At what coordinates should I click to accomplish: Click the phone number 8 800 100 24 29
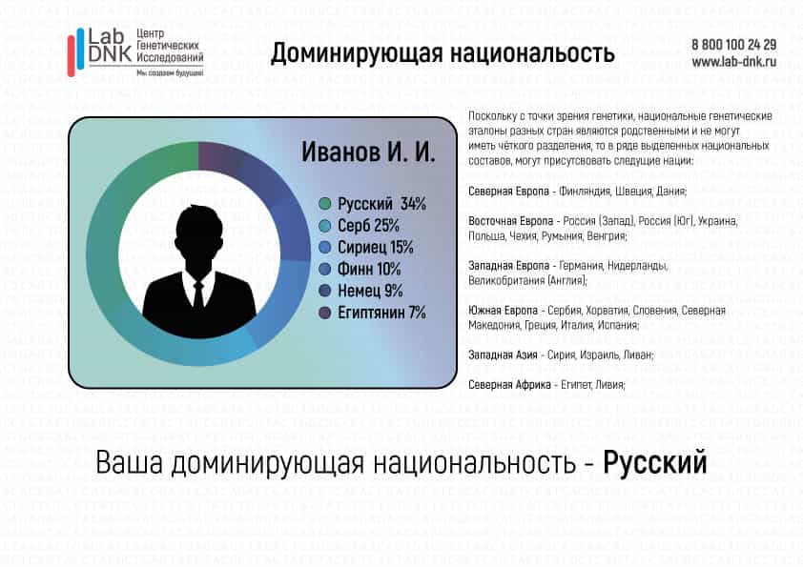point(734,45)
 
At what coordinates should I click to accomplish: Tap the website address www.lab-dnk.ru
point(734,62)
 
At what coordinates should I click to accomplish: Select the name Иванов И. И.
point(368,152)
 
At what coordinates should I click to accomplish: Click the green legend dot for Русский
point(324,204)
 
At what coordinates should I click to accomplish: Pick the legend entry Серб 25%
point(368,226)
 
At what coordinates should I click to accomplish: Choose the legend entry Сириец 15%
point(376,248)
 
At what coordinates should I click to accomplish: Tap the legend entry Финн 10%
point(369,269)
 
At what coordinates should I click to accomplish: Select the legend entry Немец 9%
point(370,292)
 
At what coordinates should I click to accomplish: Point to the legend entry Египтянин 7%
point(381,313)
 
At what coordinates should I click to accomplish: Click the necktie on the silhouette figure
point(198,295)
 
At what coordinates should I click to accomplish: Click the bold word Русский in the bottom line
point(655,462)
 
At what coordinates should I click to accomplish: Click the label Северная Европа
point(508,192)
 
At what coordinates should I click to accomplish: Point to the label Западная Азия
point(503,354)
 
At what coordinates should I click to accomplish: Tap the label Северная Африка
point(509,384)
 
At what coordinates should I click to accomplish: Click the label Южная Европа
point(503,310)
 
